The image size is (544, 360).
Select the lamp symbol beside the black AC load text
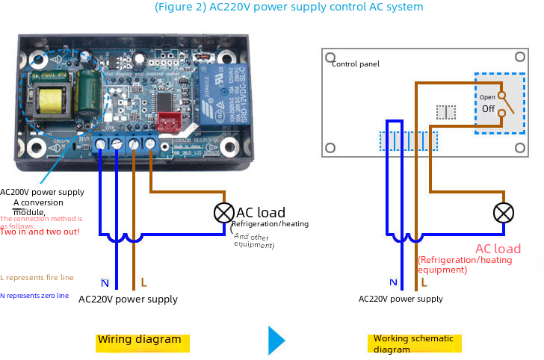click(223, 213)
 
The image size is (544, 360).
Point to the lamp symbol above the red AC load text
click(504, 213)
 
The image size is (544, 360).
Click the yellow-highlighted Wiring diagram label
click(140, 339)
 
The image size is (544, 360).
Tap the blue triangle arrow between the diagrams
click(276, 340)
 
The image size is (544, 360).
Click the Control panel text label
click(355, 64)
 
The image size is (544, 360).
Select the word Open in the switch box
click(487, 97)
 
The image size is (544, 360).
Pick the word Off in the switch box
click(488, 109)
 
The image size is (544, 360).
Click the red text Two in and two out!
click(40, 232)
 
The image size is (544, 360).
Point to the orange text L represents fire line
click(37, 277)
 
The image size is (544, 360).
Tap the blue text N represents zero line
click(34, 296)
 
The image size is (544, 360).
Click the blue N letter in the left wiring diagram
click(105, 283)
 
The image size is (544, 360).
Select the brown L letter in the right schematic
click(424, 282)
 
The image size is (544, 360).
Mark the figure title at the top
click(288, 7)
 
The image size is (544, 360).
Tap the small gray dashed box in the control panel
click(446, 112)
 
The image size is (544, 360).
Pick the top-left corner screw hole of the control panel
click(329, 56)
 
